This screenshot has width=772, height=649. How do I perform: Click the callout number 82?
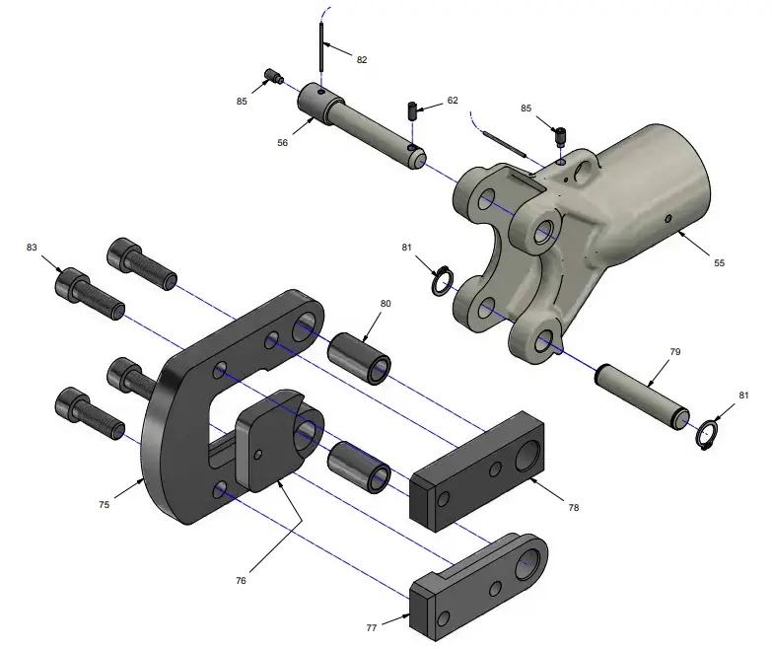(x=362, y=60)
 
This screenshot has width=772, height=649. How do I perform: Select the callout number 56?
(x=282, y=142)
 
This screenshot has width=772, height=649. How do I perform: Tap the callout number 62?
(x=453, y=101)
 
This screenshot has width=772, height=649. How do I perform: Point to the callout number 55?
(x=719, y=263)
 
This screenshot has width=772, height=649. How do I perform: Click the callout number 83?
(x=32, y=247)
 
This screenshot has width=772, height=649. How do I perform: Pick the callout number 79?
(x=675, y=351)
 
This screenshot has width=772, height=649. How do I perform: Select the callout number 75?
(x=104, y=504)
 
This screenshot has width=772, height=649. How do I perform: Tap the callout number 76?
(x=241, y=581)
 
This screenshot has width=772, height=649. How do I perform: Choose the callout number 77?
(x=372, y=626)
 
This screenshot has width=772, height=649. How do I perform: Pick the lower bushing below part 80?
(x=359, y=468)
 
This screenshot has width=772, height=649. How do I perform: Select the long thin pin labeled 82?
(x=322, y=45)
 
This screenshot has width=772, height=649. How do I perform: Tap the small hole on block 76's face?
(x=258, y=454)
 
